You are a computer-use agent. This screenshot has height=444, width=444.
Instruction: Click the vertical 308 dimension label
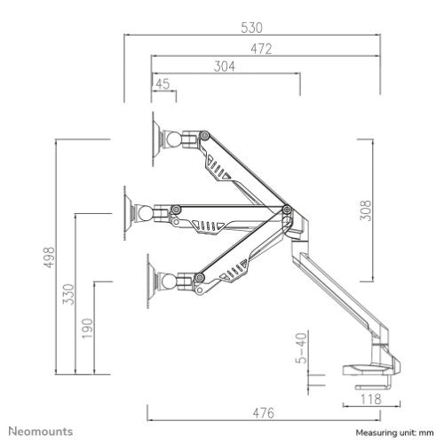367,208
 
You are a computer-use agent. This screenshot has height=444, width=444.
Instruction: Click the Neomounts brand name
43,432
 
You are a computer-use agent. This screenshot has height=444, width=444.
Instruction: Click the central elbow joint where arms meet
287,210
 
